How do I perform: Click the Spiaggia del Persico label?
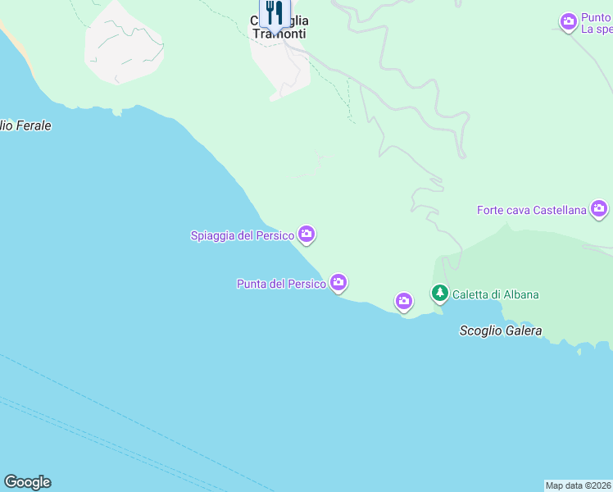(x=242, y=235)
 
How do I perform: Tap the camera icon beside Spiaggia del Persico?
(x=306, y=235)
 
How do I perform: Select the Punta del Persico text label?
(x=281, y=285)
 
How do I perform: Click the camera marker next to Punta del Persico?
(x=338, y=284)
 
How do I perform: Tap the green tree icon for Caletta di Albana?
(x=440, y=293)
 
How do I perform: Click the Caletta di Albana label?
(x=495, y=294)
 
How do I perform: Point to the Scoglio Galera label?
(x=500, y=331)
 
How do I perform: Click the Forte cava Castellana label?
(x=532, y=210)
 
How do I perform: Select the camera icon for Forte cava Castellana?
(x=599, y=209)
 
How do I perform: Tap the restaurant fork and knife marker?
(x=275, y=14)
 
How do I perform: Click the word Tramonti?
(x=279, y=34)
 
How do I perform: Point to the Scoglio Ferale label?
(x=25, y=126)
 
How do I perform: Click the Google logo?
(x=27, y=482)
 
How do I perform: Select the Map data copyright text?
(x=579, y=485)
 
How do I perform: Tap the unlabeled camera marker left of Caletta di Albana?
(x=403, y=302)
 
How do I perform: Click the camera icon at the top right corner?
(x=568, y=22)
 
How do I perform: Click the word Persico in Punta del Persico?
(x=307, y=285)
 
